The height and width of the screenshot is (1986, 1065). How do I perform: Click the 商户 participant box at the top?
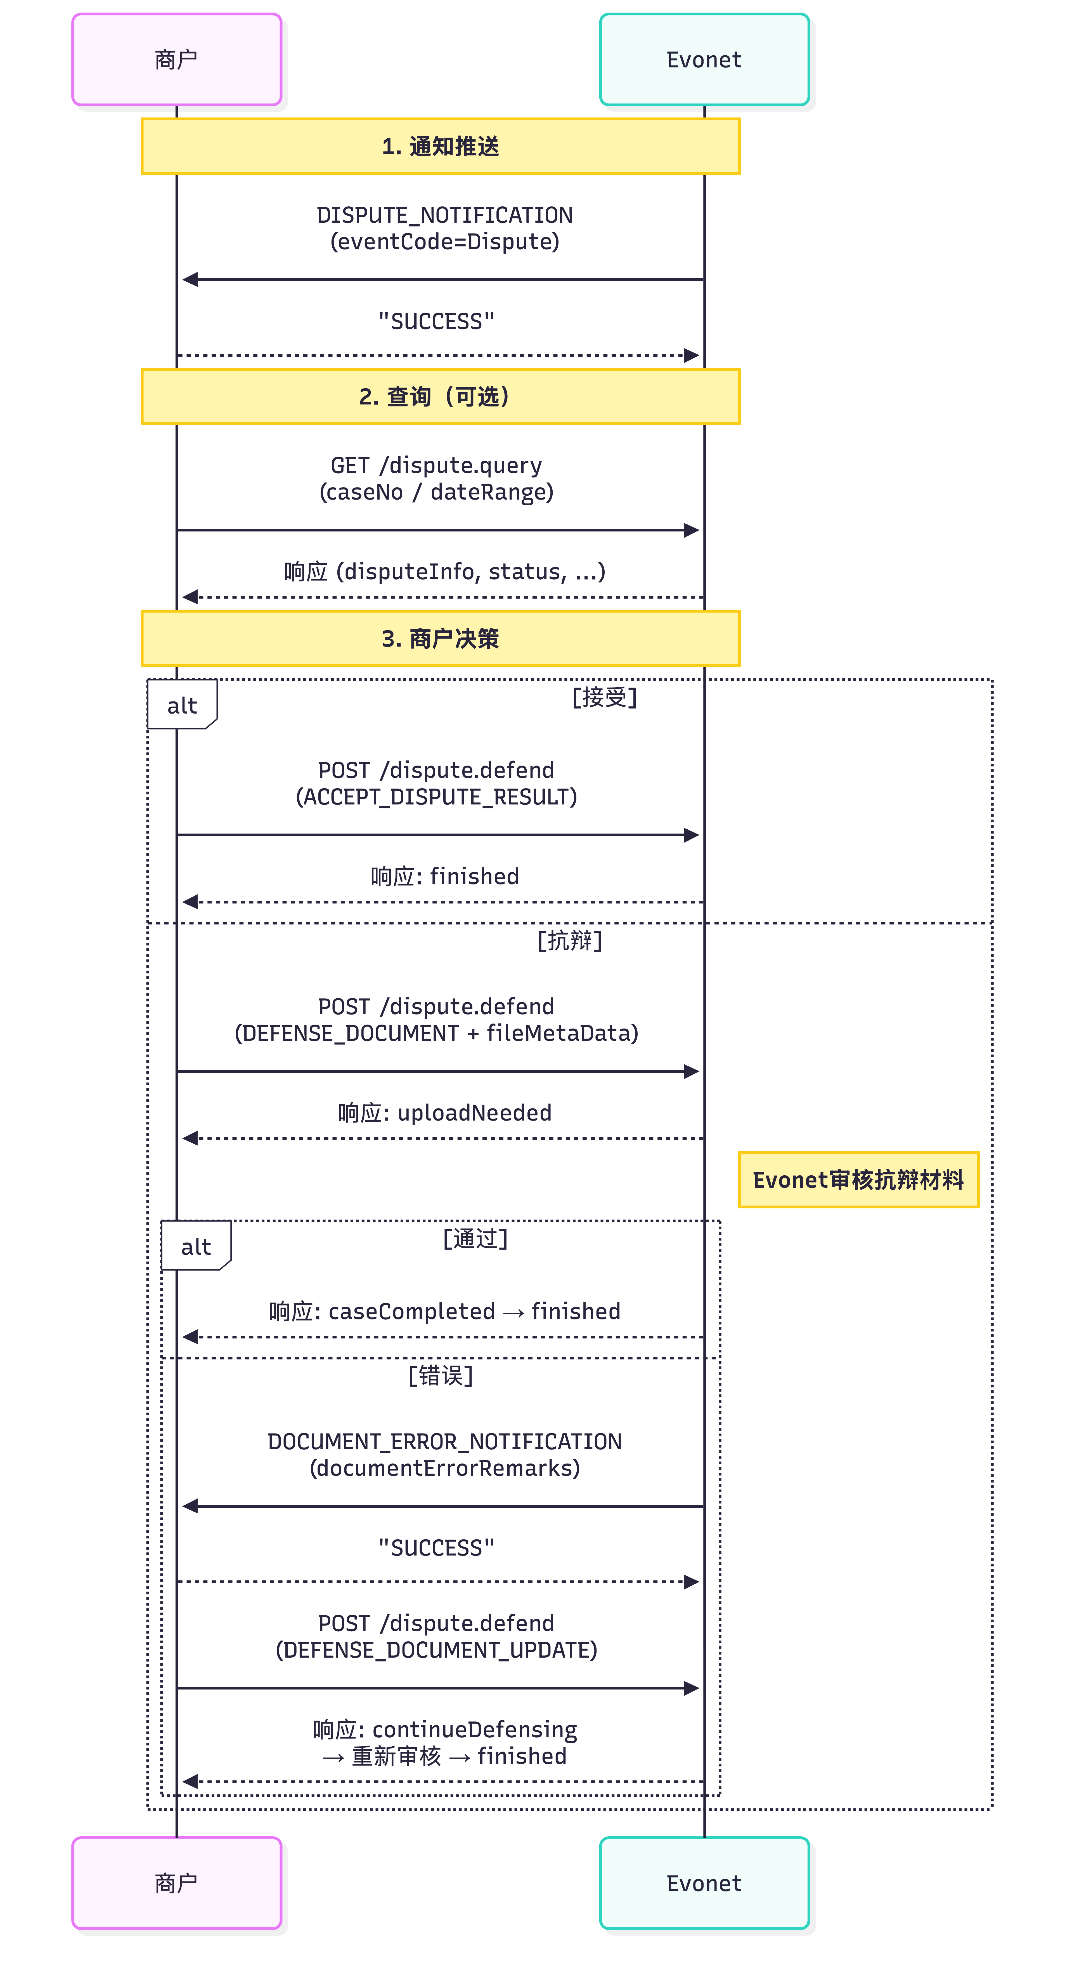click(x=176, y=59)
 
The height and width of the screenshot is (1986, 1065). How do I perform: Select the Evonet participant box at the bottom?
click(x=704, y=1883)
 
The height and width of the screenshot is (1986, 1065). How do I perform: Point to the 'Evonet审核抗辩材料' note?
click(x=858, y=1180)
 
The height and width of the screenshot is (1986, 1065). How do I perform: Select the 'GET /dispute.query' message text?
click(x=436, y=466)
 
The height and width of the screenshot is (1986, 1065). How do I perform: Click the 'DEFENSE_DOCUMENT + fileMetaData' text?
click(x=436, y=1033)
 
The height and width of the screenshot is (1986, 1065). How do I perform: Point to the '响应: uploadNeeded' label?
click(x=445, y=1112)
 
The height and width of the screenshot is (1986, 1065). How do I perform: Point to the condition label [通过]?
click(x=475, y=1238)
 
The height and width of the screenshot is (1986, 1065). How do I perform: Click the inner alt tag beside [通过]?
click(x=196, y=1246)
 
